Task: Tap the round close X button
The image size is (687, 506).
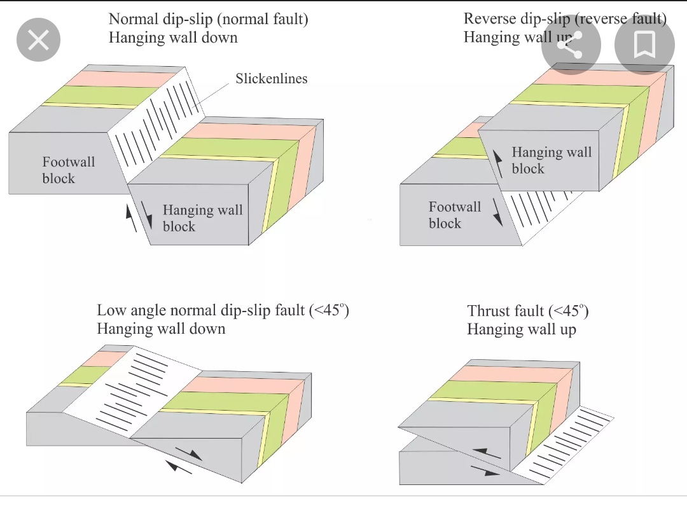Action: click(x=39, y=41)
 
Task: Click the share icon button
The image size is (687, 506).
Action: click(x=571, y=45)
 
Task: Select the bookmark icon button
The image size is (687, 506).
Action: click(x=644, y=45)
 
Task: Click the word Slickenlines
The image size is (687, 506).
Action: click(x=271, y=79)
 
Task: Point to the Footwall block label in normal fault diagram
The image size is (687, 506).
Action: click(x=68, y=170)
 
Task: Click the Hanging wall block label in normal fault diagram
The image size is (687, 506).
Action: click(x=202, y=218)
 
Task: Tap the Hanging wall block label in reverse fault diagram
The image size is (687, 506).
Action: click(x=551, y=160)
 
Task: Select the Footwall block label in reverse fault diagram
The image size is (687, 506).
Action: click(x=454, y=215)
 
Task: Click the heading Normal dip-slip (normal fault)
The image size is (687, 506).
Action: click(x=208, y=19)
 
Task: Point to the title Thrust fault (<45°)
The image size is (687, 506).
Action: click(x=527, y=311)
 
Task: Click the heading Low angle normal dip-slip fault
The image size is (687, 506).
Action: click(x=223, y=310)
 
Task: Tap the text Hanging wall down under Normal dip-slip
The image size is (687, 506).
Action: click(x=173, y=38)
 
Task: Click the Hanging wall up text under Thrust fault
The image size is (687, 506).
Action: click(x=521, y=329)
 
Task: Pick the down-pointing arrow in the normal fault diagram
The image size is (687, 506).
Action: click(x=148, y=214)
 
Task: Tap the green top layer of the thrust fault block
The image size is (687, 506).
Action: click(x=483, y=390)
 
